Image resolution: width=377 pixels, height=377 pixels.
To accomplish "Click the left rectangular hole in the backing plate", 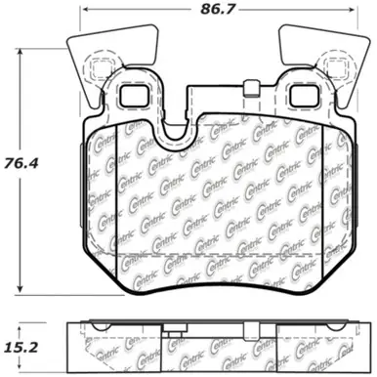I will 133,98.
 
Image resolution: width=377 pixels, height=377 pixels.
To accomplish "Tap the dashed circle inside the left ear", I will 96,69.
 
